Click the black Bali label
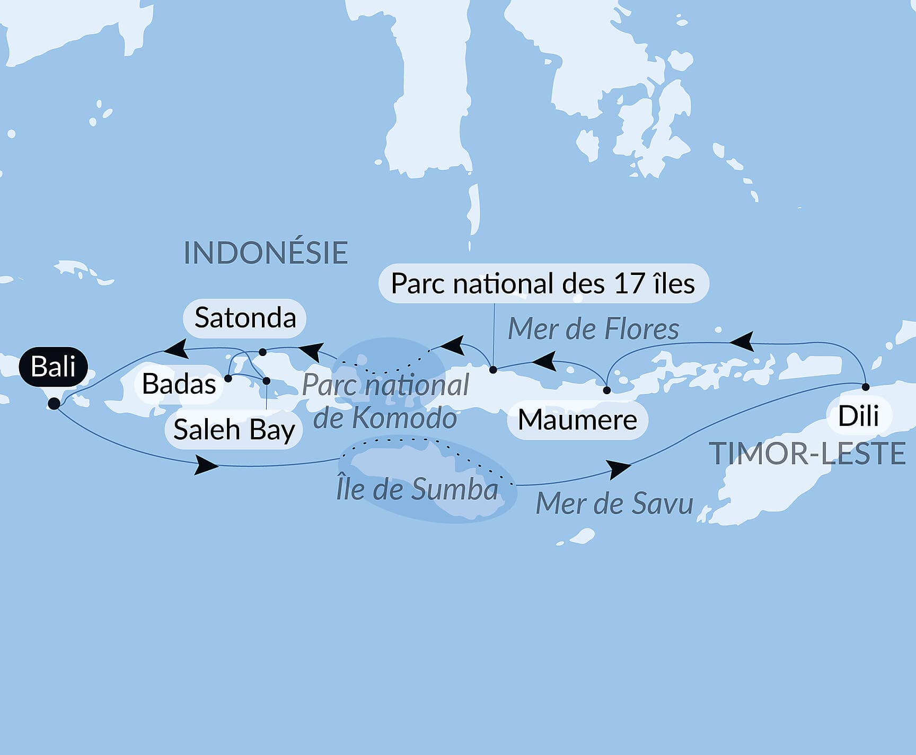point(53,367)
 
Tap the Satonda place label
point(245,318)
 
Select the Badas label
point(179,384)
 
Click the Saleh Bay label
point(234,430)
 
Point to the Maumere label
point(577,420)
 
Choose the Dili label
point(858,416)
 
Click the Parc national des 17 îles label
point(543,283)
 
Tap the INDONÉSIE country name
point(266,253)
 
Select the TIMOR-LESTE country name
point(807,454)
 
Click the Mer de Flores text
point(593,329)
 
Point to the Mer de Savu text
point(614,503)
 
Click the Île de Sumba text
point(417,489)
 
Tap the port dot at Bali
point(54,404)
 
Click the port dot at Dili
point(866,387)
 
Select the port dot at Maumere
point(607,390)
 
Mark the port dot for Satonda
point(262,352)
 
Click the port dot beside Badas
point(228,378)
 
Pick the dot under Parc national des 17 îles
point(493,370)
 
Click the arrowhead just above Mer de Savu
point(619,469)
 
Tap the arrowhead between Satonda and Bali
point(175,349)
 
